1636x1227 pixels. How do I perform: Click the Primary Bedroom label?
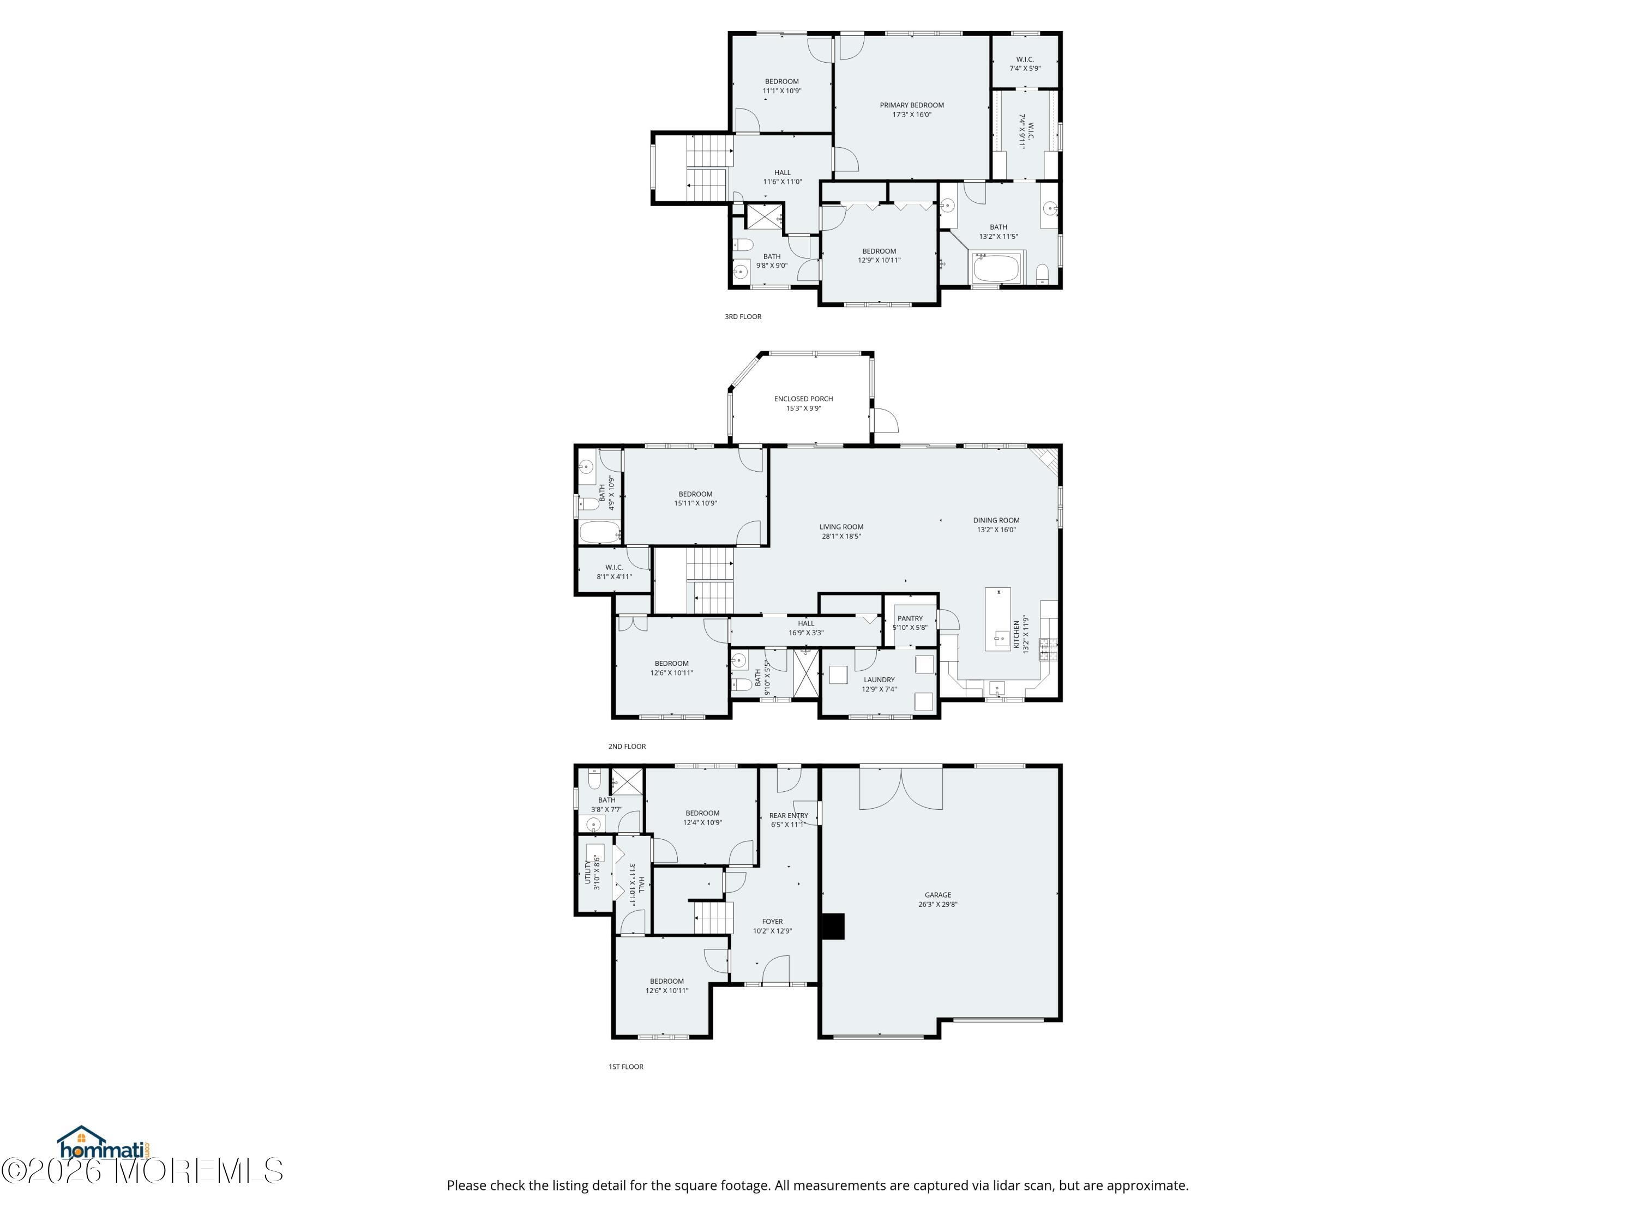click(911, 105)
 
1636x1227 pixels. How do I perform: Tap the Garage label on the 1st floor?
click(938, 895)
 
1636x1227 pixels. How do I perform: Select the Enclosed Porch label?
click(803, 399)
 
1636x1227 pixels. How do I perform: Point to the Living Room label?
click(841, 527)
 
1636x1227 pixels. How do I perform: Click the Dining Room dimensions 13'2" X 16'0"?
click(996, 530)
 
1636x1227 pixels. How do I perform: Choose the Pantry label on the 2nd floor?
click(910, 618)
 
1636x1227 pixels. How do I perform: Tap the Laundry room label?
click(880, 679)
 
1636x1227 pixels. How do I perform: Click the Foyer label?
click(772, 922)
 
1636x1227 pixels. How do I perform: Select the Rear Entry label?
click(789, 815)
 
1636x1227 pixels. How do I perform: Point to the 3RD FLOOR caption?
click(743, 316)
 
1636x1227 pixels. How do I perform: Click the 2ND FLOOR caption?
click(627, 746)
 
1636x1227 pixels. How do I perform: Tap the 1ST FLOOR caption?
click(625, 1067)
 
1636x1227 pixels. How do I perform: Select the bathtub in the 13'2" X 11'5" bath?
click(997, 268)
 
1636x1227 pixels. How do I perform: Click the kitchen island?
click(998, 619)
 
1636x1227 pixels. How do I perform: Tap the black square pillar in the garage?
click(833, 926)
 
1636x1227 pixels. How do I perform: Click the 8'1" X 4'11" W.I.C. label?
click(614, 572)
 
